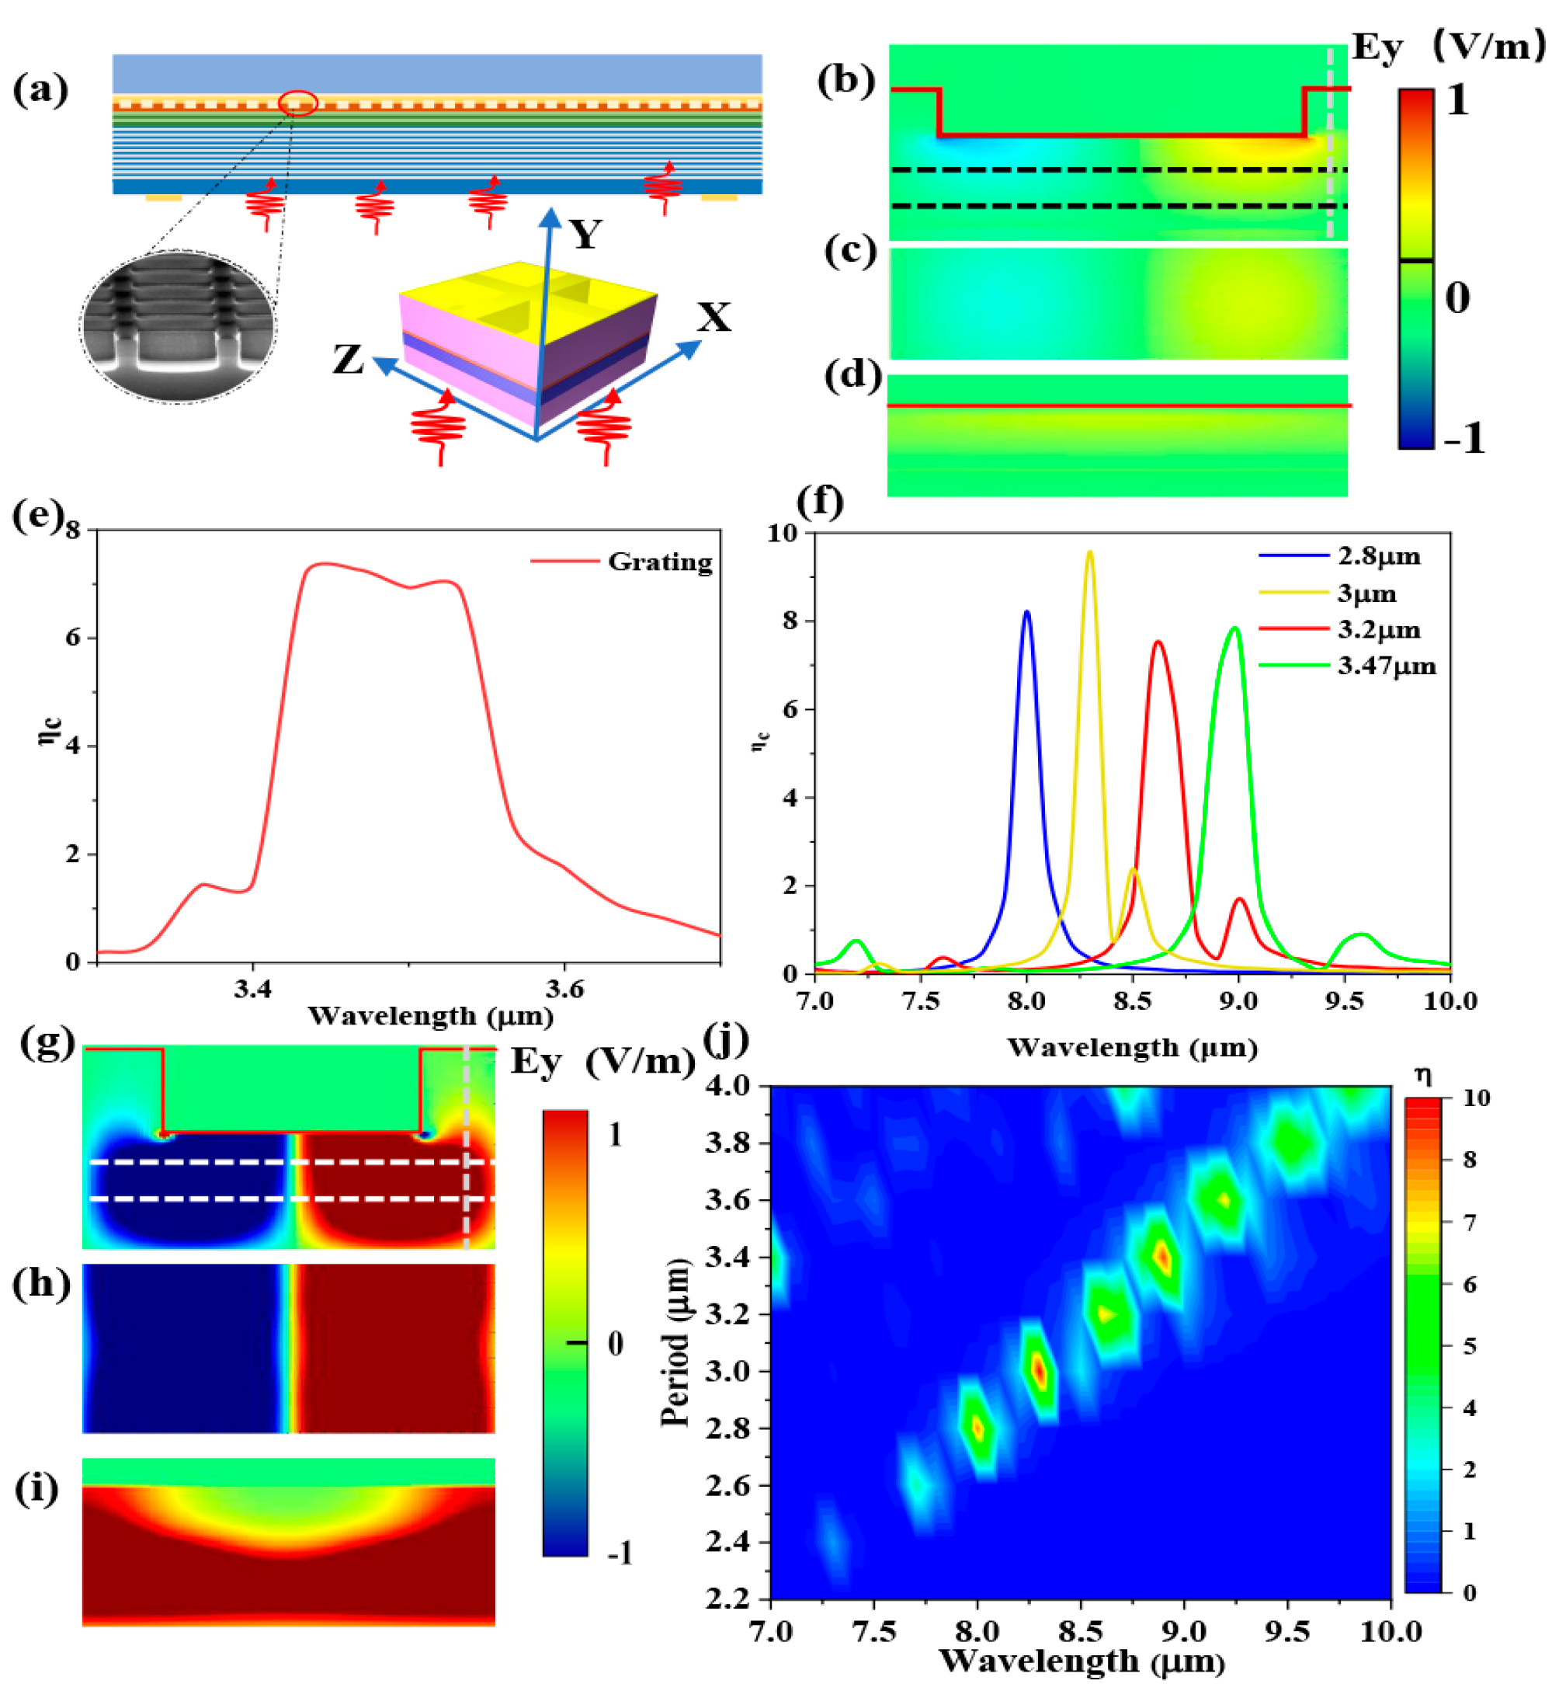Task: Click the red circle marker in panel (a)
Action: point(298,103)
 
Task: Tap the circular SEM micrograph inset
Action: point(178,326)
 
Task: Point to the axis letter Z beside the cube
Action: point(349,360)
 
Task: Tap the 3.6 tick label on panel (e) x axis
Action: point(564,990)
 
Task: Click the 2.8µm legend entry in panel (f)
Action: point(1378,556)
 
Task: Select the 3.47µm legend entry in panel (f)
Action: point(1387,666)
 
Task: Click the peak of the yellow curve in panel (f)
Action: point(1089,553)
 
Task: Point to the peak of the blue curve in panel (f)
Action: point(1026,612)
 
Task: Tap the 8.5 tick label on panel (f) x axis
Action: point(1132,1000)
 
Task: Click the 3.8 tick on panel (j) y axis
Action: point(728,1143)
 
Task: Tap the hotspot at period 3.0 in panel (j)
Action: point(1040,1370)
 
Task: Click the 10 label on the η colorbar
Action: point(1476,1097)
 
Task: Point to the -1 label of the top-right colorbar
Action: point(1463,439)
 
